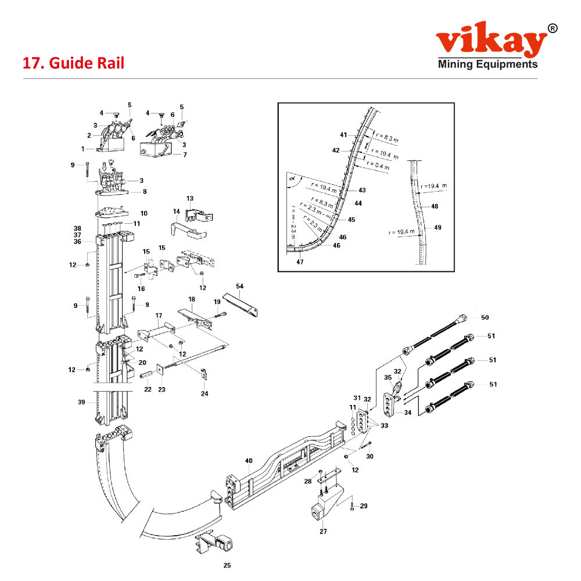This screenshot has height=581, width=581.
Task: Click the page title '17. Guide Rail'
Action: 73,63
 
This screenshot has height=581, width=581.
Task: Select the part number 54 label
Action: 240,286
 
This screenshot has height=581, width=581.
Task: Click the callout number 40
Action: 249,461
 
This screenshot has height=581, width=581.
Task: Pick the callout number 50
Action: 485,317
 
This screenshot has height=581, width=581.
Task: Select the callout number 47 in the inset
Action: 300,262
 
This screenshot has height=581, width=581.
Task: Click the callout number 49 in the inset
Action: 437,227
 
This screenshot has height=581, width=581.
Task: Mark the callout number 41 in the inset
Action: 343,135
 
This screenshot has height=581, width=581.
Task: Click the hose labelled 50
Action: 442,334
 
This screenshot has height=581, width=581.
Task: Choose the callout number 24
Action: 205,393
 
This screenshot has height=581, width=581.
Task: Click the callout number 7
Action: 185,155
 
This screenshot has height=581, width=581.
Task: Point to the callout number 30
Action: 370,456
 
